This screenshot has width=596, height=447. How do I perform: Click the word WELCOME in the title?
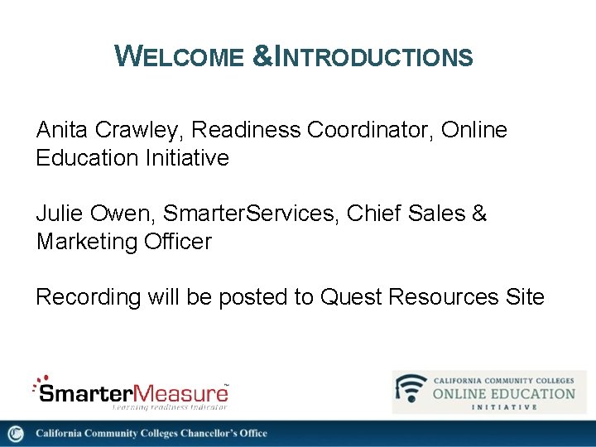(179, 56)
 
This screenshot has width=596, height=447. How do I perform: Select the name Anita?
(63, 130)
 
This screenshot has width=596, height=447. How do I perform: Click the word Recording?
(89, 297)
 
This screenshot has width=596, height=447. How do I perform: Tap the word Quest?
(349, 297)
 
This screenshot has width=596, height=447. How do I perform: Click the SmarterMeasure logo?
(130, 391)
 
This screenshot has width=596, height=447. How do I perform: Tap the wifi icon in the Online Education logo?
(411, 390)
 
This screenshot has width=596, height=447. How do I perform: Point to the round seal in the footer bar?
(16, 434)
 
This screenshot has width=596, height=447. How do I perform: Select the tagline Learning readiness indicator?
(170, 406)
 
